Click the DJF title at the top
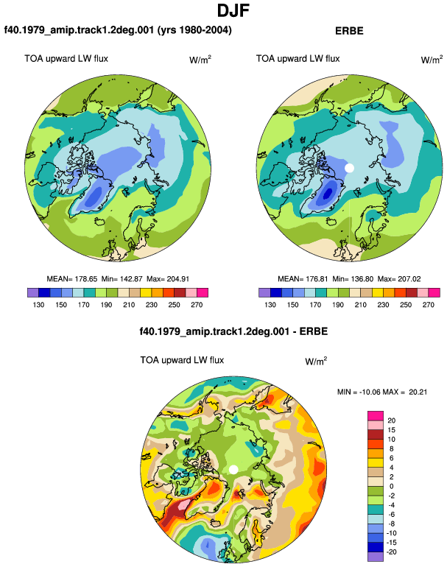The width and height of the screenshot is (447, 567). coord(233,10)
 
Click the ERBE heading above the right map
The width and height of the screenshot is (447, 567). coord(349,31)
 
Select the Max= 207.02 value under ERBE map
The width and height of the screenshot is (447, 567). coord(399,279)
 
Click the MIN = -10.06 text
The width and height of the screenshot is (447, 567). coord(359,392)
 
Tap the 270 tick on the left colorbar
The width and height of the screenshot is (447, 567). coord(197,305)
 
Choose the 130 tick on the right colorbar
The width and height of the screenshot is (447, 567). coord(270,305)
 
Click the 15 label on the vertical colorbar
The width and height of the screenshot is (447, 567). coord(391,430)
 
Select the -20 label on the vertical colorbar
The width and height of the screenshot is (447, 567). coord(391,552)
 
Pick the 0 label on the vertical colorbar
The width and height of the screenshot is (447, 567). coord(391,486)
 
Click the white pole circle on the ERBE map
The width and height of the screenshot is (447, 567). coord(349,168)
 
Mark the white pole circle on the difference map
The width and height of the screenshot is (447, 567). coord(233,469)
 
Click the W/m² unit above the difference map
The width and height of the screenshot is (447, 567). coord(316,361)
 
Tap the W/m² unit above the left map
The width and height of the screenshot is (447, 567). coord(200,60)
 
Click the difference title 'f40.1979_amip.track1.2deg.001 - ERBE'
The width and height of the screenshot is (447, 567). coord(233,331)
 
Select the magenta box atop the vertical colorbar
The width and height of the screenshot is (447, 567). coord(376,415)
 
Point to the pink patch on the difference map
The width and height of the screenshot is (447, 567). coord(183,504)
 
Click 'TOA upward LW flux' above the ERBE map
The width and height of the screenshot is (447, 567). coord(298,59)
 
